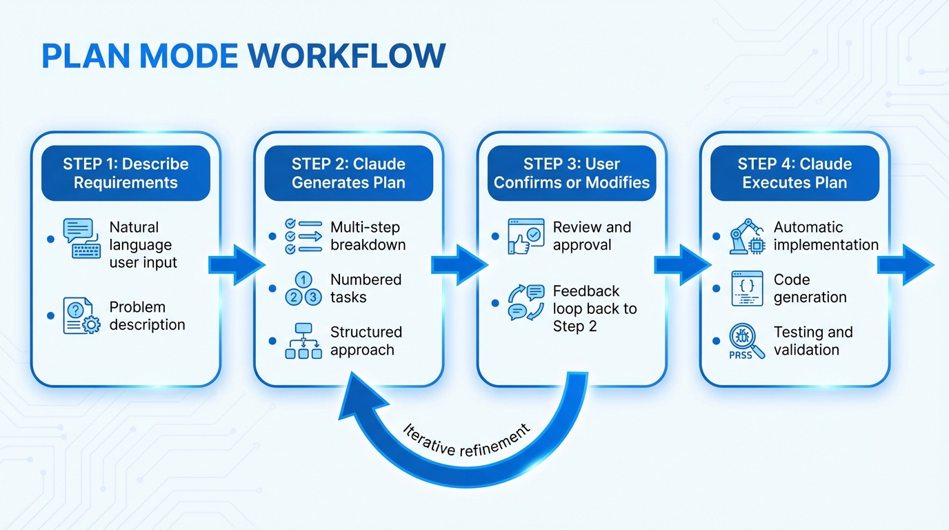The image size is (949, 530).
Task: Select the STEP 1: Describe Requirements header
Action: [126, 173]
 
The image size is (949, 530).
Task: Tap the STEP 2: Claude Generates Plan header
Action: [348, 173]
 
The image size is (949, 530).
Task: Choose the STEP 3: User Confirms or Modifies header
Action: [572, 173]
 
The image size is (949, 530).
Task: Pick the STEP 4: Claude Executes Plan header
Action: [795, 173]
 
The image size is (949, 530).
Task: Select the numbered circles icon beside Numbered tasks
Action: [303, 289]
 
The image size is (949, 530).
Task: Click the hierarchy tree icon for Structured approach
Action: [303, 342]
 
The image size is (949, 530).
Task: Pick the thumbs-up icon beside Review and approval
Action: [526, 237]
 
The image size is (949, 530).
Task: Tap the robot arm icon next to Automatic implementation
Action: [748, 237]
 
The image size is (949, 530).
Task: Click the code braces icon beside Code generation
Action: [747, 288]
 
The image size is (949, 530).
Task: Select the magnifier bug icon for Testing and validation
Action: [748, 342]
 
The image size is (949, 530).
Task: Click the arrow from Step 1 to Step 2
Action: [237, 263]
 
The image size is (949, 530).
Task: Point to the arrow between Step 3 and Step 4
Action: [682, 263]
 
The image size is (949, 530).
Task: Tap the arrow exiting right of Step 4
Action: [906, 263]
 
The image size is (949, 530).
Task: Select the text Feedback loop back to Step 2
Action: [595, 308]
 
